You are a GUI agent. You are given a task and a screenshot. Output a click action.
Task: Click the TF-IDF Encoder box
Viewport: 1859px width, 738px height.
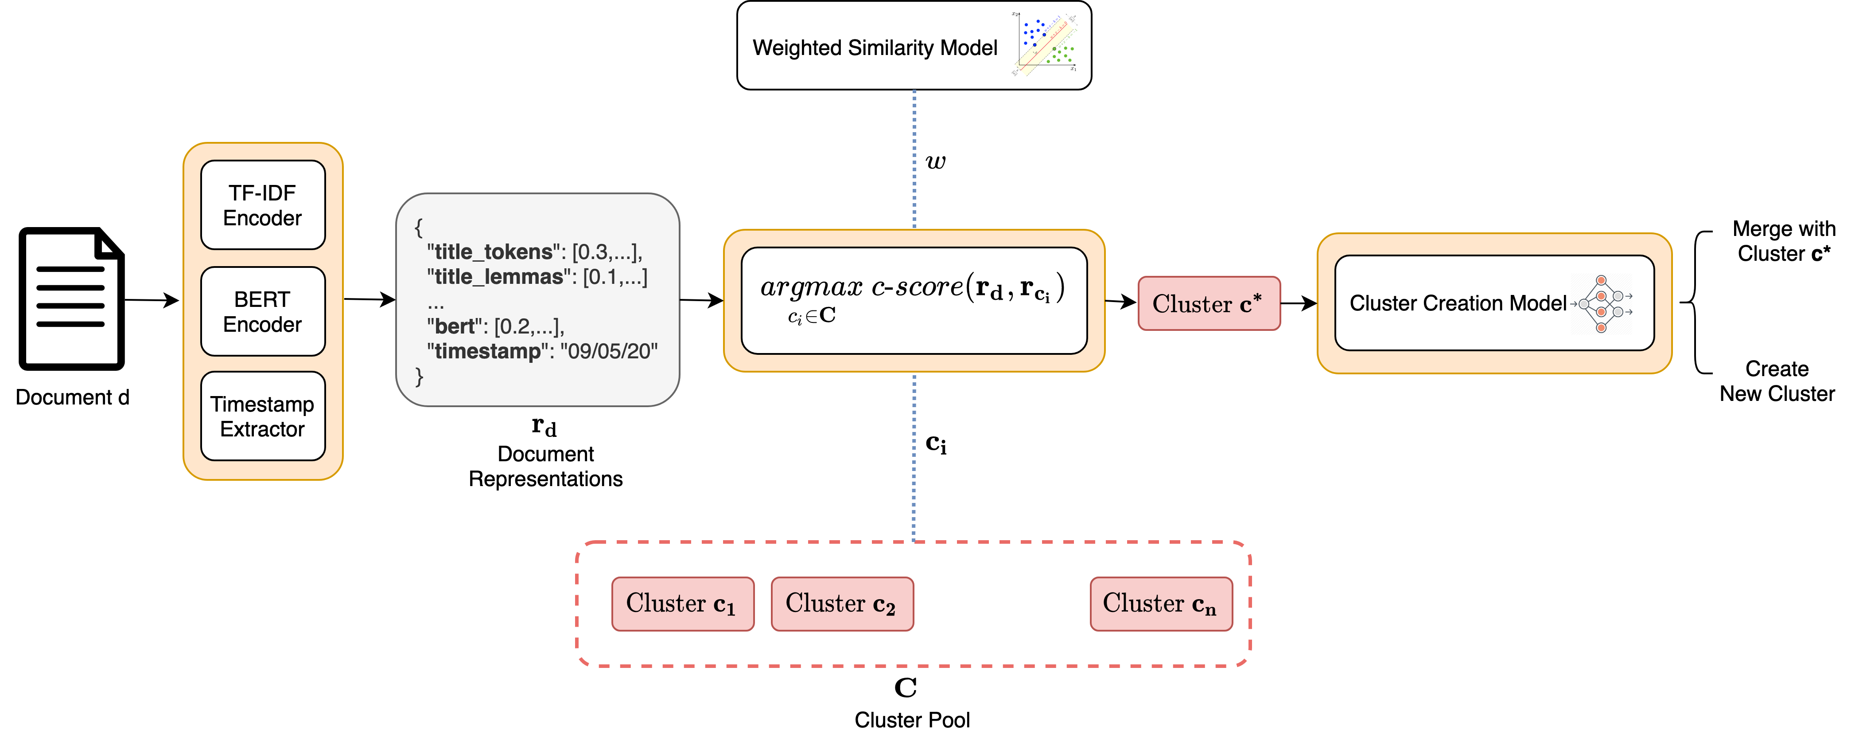click(263, 205)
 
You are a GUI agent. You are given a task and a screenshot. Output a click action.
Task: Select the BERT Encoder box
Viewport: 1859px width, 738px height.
click(263, 311)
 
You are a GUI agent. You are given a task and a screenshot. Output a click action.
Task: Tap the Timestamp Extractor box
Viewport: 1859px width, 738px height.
click(263, 416)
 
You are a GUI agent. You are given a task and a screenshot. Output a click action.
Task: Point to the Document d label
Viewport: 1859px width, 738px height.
click(72, 397)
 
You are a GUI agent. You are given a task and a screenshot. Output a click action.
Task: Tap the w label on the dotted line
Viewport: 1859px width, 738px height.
click(935, 162)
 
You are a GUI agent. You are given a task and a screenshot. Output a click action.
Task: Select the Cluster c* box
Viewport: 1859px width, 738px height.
click(1209, 303)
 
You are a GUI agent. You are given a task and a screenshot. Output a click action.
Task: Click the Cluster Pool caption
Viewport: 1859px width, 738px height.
click(912, 719)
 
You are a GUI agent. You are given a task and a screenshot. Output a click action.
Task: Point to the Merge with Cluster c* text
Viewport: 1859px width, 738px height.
click(1783, 241)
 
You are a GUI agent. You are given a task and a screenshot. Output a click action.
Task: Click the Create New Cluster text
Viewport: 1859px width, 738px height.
click(1777, 381)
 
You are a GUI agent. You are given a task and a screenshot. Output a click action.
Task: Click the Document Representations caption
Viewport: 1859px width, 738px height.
click(545, 466)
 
